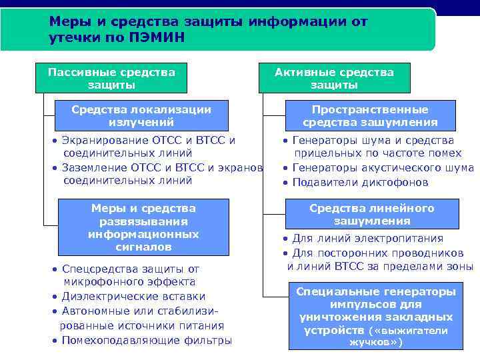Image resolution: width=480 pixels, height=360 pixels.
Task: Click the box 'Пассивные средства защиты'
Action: pyautogui.click(x=111, y=79)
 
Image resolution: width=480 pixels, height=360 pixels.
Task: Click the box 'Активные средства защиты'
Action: pyautogui.click(x=334, y=79)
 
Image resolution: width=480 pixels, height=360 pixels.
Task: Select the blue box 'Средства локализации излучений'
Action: pyautogui.click(x=141, y=115)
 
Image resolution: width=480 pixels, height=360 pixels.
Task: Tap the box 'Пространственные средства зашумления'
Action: pyautogui.click(x=370, y=115)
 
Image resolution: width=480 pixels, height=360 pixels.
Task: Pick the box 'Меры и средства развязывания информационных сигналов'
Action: pyautogui.click(x=143, y=227)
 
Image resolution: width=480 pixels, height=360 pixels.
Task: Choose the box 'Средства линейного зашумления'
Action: pyautogui.click(x=371, y=215)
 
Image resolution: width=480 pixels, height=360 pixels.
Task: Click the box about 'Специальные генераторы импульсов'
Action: pyautogui.click(x=376, y=317)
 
